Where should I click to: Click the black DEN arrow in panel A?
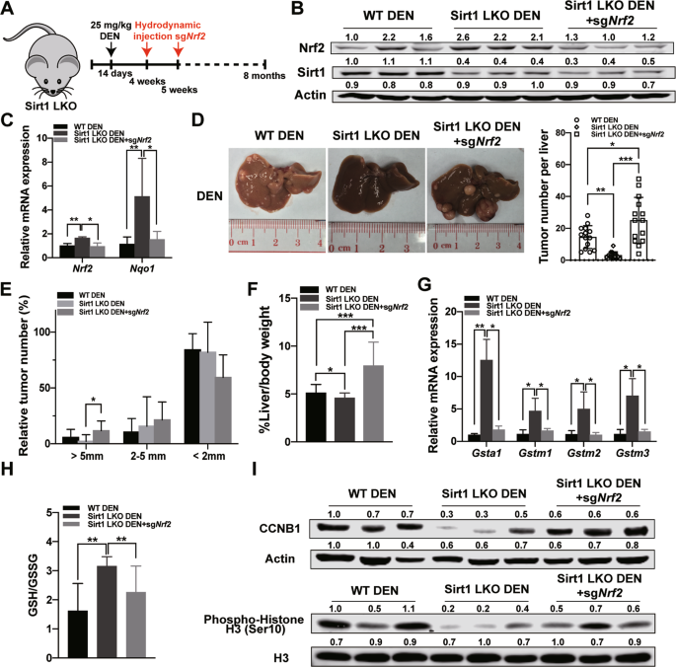(x=111, y=48)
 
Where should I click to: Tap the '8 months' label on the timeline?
(x=264, y=76)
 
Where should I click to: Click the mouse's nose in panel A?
(x=52, y=92)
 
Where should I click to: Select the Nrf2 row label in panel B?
(x=312, y=48)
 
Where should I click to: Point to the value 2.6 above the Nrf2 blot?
(x=463, y=37)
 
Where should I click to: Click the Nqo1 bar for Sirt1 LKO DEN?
(x=142, y=227)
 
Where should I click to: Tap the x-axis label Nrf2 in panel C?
(x=82, y=269)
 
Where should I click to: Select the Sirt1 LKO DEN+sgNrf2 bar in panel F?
(x=373, y=404)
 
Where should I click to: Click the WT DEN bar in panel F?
(x=316, y=417)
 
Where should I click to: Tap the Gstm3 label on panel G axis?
(x=633, y=453)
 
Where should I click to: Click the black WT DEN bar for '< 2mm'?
(x=191, y=397)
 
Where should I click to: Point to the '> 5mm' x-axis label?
(x=87, y=456)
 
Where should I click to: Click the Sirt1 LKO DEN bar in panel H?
(x=107, y=613)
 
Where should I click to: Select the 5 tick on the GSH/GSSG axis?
(x=49, y=513)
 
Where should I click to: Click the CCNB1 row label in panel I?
(x=280, y=528)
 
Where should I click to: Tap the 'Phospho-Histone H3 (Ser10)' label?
(x=254, y=625)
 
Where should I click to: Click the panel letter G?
(x=425, y=287)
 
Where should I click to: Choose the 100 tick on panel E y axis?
(x=43, y=332)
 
